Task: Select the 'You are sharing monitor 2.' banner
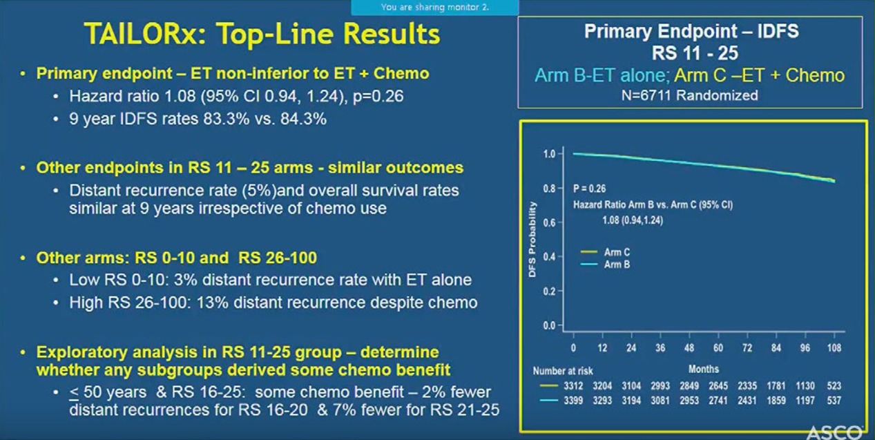point(434,8)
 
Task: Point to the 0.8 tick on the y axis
point(548,188)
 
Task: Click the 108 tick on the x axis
point(834,348)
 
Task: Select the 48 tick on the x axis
point(689,348)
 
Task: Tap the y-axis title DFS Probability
point(532,240)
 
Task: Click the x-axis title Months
point(703,369)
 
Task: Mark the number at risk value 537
point(834,400)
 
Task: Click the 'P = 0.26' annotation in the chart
point(589,188)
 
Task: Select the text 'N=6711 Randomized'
point(689,95)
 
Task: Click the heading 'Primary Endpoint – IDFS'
point(692,31)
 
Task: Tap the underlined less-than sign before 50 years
point(73,392)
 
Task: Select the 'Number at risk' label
point(563,371)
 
